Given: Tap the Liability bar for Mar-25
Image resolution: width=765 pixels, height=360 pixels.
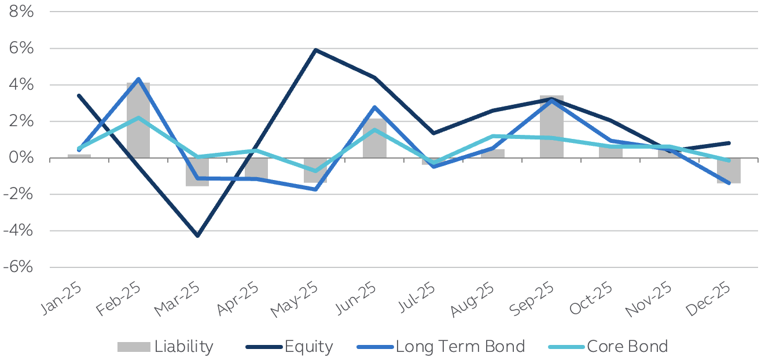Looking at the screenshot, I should (x=197, y=172).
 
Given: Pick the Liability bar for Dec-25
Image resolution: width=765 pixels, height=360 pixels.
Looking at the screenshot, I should (x=729, y=171).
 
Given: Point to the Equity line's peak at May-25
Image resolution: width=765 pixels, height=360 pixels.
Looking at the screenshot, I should (x=315, y=50).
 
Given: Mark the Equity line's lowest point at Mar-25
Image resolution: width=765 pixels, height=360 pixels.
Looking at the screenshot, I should (x=197, y=236).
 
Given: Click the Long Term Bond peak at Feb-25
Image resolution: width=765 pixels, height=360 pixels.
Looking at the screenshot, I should (x=138, y=79).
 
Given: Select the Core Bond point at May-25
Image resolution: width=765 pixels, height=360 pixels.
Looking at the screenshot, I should (x=315, y=171).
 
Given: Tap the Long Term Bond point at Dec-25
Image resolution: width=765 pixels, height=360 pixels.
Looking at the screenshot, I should (x=729, y=183).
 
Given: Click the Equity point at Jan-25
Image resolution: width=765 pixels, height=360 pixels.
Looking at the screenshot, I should (x=79, y=95).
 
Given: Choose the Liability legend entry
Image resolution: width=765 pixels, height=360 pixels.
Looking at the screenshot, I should (x=165, y=347).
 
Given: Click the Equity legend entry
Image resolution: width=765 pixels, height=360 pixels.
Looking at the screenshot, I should (x=289, y=347).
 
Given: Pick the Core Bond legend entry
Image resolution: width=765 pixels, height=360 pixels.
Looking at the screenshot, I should (x=608, y=347).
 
